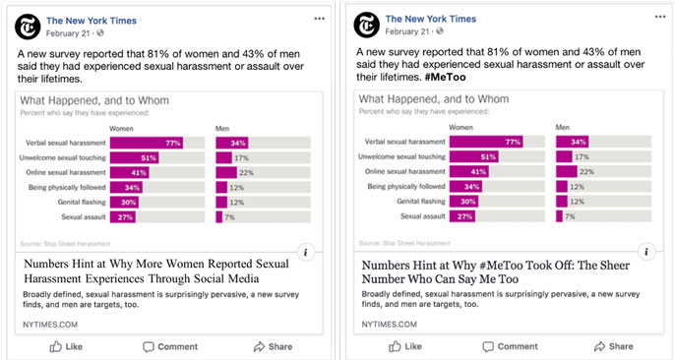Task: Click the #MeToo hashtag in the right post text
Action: [446, 78]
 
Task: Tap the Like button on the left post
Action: [67, 346]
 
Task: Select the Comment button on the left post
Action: [170, 346]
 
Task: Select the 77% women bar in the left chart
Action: [147, 143]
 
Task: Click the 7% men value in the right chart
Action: [570, 216]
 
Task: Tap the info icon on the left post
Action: [305, 253]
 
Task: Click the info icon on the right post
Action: [645, 253]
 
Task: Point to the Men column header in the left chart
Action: [223, 128]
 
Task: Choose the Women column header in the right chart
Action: [461, 128]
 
